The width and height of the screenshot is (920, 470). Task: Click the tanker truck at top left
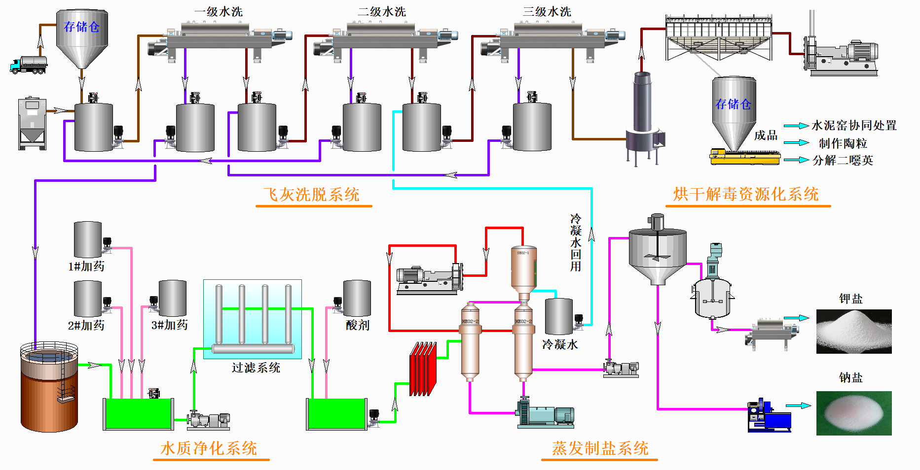click(x=29, y=65)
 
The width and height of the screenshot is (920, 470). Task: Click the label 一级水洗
click(x=218, y=12)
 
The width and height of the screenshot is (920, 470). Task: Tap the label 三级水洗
click(x=547, y=12)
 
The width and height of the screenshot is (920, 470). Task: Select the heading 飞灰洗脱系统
click(x=312, y=195)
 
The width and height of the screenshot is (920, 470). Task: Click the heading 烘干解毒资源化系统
click(x=746, y=194)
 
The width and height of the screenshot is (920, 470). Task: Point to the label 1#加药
click(x=86, y=267)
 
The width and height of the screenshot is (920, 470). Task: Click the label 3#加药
click(x=169, y=325)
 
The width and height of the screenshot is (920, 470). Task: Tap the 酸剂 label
click(x=358, y=325)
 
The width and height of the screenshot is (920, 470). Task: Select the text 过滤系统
click(x=256, y=368)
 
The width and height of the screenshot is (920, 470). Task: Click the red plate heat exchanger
click(x=423, y=369)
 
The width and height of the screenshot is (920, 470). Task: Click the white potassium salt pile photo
click(x=853, y=332)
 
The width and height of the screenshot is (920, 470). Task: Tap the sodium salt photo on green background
click(x=853, y=413)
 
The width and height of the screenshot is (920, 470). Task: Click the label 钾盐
click(x=851, y=299)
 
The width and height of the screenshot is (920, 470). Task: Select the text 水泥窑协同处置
click(x=854, y=126)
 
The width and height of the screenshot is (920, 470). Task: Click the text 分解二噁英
click(x=843, y=160)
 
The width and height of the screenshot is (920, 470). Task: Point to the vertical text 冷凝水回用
click(x=576, y=242)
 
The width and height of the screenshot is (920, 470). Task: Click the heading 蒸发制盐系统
click(x=600, y=448)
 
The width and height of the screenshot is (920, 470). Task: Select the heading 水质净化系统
click(x=209, y=448)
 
